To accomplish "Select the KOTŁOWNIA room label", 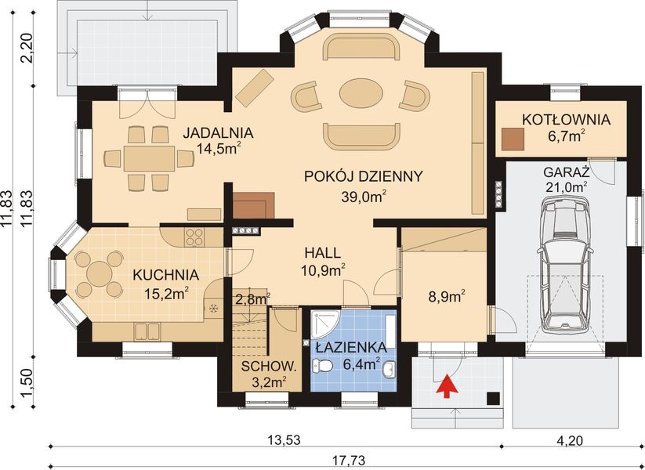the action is click(x=566, y=120).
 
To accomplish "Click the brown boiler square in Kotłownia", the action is click(x=513, y=139).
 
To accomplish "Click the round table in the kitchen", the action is click(x=99, y=273).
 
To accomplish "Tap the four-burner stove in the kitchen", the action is click(x=194, y=237).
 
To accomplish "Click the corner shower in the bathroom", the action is click(x=325, y=325).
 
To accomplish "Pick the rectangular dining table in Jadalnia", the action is click(x=149, y=158).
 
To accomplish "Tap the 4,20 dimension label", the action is click(x=570, y=440).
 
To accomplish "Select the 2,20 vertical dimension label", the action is click(x=28, y=48).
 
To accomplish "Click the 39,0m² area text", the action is click(x=364, y=196).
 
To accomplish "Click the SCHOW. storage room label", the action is click(x=269, y=367).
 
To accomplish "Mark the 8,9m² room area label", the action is click(x=447, y=296).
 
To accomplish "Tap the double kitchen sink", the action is click(x=147, y=332).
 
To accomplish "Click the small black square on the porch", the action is click(x=494, y=398).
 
